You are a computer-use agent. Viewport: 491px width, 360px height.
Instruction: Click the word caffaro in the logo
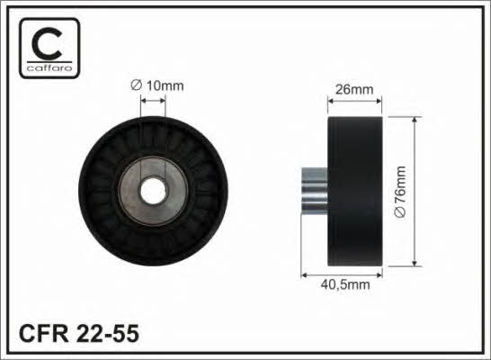49,68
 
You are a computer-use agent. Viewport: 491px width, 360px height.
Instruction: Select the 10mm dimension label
157,85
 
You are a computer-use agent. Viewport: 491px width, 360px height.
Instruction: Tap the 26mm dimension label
354,90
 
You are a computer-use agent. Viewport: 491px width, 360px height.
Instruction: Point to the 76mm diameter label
400,192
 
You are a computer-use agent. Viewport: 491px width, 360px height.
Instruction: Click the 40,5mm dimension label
345,284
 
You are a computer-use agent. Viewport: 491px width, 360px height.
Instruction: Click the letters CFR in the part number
43,333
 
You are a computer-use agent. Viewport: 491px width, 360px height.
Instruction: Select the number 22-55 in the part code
107,333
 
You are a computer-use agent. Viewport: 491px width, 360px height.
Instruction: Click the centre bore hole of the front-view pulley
153,191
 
